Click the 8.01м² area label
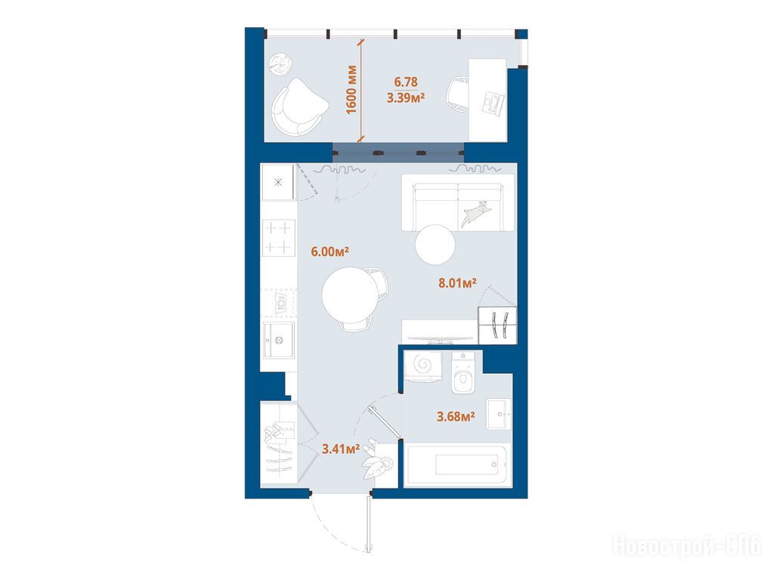point(457,283)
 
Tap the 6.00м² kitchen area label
point(329,251)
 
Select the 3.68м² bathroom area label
point(456,417)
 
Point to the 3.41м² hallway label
point(341,449)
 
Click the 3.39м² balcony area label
point(406,97)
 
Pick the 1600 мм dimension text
point(351,89)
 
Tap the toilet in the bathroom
point(462,372)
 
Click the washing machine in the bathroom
point(422,366)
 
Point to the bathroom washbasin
point(499,415)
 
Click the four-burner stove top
point(279,237)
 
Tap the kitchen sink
point(279,340)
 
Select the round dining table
point(351,295)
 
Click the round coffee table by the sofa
point(434,245)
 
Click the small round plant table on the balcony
point(280,64)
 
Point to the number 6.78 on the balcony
point(406,82)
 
